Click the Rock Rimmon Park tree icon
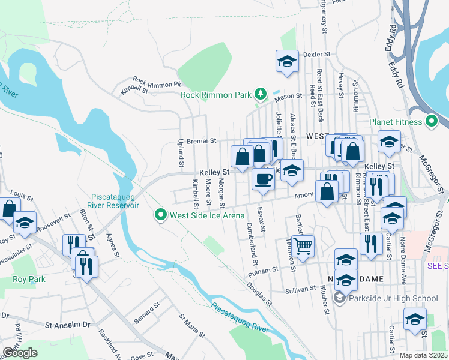click(x=260, y=94)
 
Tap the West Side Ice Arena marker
click(x=160, y=214)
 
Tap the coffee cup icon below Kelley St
click(x=262, y=179)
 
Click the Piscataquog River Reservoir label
click(x=115, y=201)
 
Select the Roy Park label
click(x=28, y=280)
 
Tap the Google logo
click(x=20, y=353)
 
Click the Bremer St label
click(x=201, y=141)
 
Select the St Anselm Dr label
click(x=68, y=324)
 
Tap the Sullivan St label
click(x=301, y=289)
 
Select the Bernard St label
click(x=147, y=313)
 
